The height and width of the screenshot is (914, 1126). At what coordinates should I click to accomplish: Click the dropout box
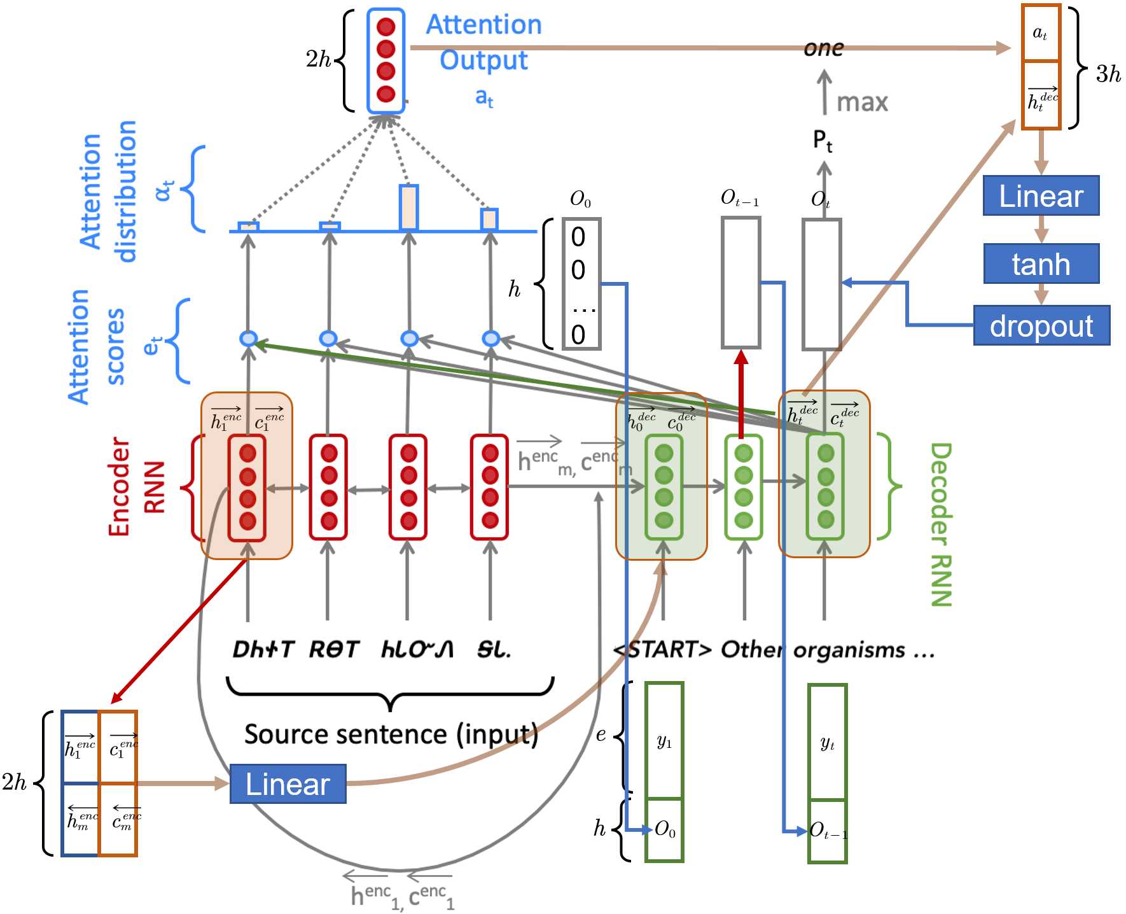point(1041,325)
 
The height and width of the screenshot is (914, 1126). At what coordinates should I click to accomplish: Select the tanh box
point(1041,264)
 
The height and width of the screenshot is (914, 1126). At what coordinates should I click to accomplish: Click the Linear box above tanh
point(1041,195)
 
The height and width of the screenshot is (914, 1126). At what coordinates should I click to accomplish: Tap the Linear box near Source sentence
point(288,784)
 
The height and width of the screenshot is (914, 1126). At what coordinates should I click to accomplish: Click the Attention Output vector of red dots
point(386,60)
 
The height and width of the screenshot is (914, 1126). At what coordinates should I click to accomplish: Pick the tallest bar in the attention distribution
point(408,207)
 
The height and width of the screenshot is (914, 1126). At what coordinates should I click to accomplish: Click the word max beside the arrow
point(862,102)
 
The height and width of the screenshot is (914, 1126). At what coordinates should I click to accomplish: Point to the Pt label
point(823,141)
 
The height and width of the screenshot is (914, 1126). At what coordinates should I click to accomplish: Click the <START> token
point(662,650)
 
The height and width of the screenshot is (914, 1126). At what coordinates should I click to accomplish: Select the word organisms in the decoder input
point(849,650)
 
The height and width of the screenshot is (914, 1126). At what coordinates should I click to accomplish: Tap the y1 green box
point(664,740)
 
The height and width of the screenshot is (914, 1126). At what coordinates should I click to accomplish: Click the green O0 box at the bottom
point(664,829)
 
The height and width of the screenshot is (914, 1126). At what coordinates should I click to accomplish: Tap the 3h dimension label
point(1108,74)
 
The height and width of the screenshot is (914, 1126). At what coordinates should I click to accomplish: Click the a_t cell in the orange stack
point(1040,33)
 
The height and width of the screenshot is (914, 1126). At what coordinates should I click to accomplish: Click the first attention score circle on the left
point(248,338)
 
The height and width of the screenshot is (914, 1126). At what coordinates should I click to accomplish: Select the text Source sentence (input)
point(391,735)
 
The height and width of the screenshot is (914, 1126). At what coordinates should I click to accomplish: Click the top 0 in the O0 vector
point(578,237)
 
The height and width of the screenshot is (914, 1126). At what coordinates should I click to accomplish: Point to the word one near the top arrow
point(824,48)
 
